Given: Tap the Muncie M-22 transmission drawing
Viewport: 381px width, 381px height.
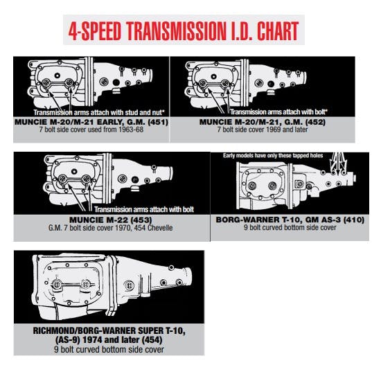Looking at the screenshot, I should tap(111, 180).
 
